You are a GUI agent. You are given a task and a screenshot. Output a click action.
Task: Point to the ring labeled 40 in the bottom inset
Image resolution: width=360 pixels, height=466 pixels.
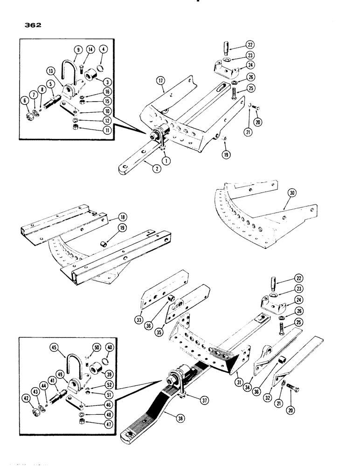point(109,359)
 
